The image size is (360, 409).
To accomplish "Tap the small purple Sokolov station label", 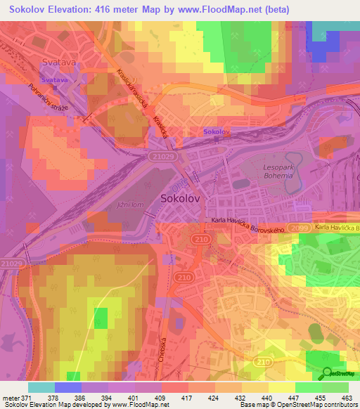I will [x=217, y=132].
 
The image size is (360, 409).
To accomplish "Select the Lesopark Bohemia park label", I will [x=271, y=169].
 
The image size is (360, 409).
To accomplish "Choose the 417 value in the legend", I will [x=186, y=397].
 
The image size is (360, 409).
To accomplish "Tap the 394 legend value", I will [x=106, y=397].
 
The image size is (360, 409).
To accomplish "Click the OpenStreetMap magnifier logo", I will [x=327, y=372].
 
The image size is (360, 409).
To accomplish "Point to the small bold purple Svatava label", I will [x=57, y=81].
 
